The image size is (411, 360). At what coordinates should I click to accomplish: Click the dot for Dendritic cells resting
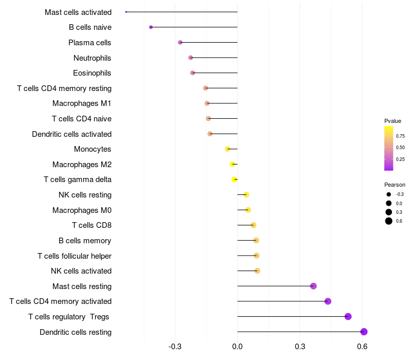(364, 332)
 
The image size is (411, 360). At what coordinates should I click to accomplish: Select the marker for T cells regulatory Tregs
(348, 316)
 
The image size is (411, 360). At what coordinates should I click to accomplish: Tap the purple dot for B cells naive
(151, 27)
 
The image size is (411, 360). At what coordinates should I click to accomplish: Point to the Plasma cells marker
(180, 42)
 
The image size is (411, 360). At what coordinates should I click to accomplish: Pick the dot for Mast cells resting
(313, 286)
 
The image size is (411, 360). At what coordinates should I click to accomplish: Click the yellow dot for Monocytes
(228, 149)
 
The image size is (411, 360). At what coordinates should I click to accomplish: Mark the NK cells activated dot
(257, 271)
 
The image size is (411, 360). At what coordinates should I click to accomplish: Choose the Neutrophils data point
(191, 58)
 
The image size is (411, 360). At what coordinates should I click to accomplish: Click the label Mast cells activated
(78, 12)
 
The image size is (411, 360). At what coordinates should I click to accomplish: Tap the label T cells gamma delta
(78, 179)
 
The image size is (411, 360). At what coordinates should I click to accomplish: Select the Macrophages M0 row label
(82, 210)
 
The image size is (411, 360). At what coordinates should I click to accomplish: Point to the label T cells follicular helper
(74, 256)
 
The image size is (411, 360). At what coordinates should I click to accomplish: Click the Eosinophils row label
(92, 73)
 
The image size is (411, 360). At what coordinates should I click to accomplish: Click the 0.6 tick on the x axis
(362, 347)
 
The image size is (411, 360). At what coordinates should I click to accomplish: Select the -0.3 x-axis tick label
(175, 347)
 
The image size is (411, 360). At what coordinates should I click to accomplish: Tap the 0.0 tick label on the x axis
(237, 347)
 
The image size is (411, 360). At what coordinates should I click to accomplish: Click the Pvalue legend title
(393, 121)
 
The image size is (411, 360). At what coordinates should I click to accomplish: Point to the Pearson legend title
(395, 185)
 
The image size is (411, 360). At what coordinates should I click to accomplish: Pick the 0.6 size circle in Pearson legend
(389, 221)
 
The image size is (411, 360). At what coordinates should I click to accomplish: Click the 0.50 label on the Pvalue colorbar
(400, 148)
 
